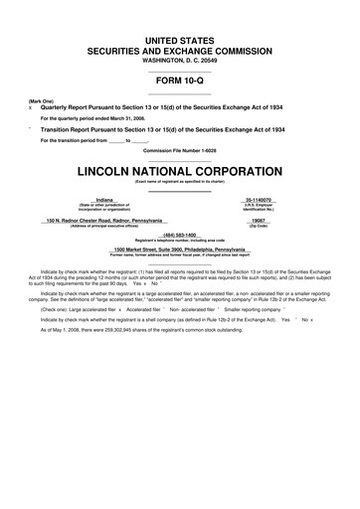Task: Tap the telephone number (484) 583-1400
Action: click(179, 236)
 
